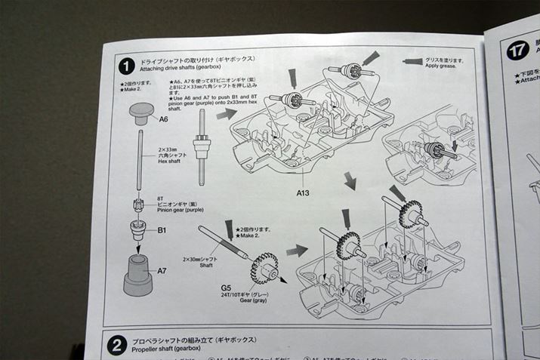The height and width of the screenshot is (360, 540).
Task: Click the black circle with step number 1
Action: (125, 66)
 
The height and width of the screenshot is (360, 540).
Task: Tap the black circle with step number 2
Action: (116, 345)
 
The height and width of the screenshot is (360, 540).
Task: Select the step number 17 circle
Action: (517, 51)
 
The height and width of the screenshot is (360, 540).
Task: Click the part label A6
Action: (163, 118)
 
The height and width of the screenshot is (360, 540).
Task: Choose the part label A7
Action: (162, 270)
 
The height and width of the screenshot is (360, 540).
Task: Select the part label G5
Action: (226, 288)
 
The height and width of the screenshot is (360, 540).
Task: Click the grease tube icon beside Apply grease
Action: (412, 60)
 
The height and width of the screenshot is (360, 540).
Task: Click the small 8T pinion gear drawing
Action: (139, 206)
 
